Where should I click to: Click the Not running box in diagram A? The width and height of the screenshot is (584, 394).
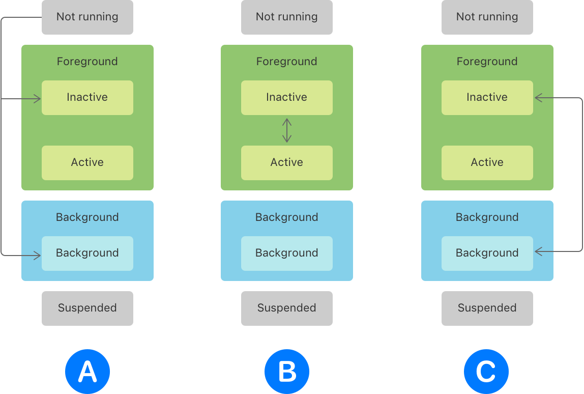pyautogui.click(x=87, y=17)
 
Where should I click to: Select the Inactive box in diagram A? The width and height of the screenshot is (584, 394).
pyautogui.click(x=87, y=97)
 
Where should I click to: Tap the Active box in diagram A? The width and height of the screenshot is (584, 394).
pyautogui.click(x=87, y=162)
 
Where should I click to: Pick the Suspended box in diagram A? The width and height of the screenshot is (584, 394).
pyautogui.click(x=87, y=308)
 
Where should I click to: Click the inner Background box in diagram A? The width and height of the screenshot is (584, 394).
pyautogui.click(x=87, y=253)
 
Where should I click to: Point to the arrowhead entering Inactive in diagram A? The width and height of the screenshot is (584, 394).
pyautogui.click(x=38, y=99)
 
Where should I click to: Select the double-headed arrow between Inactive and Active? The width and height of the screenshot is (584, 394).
pyautogui.click(x=287, y=130)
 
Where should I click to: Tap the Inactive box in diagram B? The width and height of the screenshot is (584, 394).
pyautogui.click(x=286, y=97)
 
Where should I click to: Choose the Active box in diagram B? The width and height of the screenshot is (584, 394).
pyautogui.click(x=286, y=162)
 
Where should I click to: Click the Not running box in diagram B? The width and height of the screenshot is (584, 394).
pyautogui.click(x=286, y=17)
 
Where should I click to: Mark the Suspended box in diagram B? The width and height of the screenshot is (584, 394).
pyautogui.click(x=286, y=308)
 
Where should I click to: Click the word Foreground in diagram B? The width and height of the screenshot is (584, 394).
pyautogui.click(x=286, y=62)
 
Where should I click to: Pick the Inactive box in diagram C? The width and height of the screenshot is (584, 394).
pyautogui.click(x=487, y=97)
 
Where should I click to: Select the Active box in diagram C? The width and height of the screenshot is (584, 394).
pyautogui.click(x=487, y=162)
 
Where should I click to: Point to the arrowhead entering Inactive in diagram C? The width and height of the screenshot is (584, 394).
pyautogui.click(x=538, y=98)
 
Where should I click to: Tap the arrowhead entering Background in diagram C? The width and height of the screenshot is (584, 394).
pyautogui.click(x=538, y=251)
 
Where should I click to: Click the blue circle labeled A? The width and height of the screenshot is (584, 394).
pyautogui.click(x=87, y=372)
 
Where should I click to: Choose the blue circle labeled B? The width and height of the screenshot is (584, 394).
pyautogui.click(x=287, y=372)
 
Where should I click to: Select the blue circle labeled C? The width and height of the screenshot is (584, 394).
pyautogui.click(x=486, y=372)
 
